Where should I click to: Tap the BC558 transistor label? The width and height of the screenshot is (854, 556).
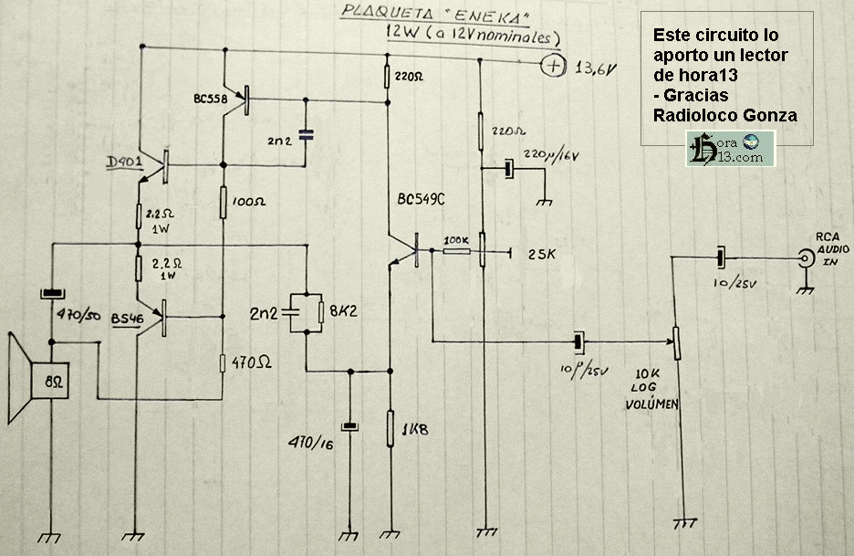212,97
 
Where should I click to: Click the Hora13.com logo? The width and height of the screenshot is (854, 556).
731,148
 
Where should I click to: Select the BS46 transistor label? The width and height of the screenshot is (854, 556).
128,318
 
